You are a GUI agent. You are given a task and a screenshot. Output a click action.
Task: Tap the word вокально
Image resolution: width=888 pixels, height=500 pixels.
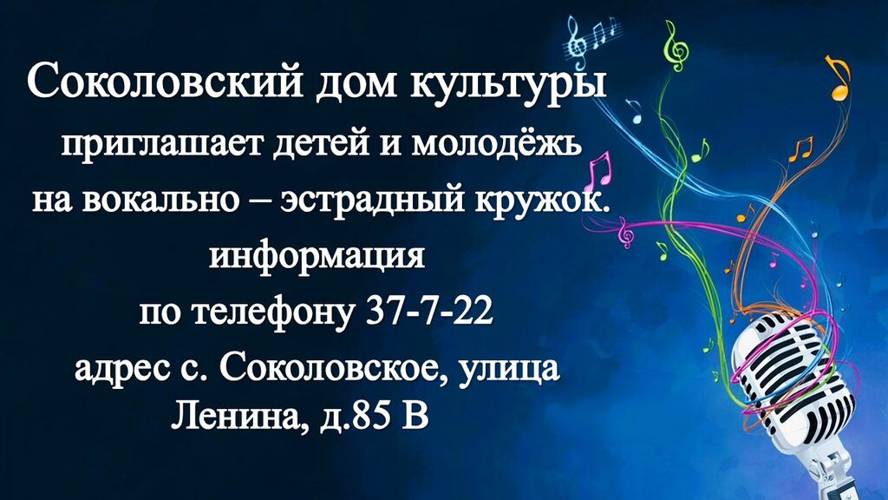point(160,201)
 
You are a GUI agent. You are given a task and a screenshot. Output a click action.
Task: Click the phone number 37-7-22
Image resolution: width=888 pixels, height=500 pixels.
point(430,311)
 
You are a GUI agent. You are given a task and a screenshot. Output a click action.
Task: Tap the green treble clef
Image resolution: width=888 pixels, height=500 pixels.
point(676,45)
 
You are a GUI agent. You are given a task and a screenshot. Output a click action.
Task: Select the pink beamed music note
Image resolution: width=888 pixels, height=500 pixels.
point(599,171)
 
